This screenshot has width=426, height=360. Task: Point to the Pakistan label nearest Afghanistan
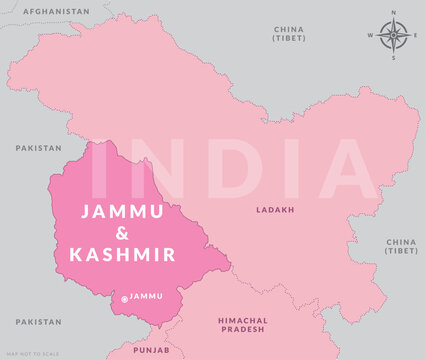pyautogui.click(x=38, y=147)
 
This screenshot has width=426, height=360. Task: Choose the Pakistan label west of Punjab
pyautogui.click(x=38, y=322)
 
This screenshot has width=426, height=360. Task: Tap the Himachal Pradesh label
pyautogui.click(x=241, y=325)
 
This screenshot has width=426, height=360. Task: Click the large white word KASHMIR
pyautogui.click(x=123, y=254)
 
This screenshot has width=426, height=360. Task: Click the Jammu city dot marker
pyautogui.click(x=124, y=298)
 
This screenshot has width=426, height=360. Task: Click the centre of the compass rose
pyautogui.click(x=394, y=35)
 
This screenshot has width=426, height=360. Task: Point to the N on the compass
pyautogui.click(x=394, y=12)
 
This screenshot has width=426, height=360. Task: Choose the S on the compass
pyautogui.click(x=394, y=58)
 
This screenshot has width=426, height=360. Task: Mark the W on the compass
pyautogui.click(x=372, y=35)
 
